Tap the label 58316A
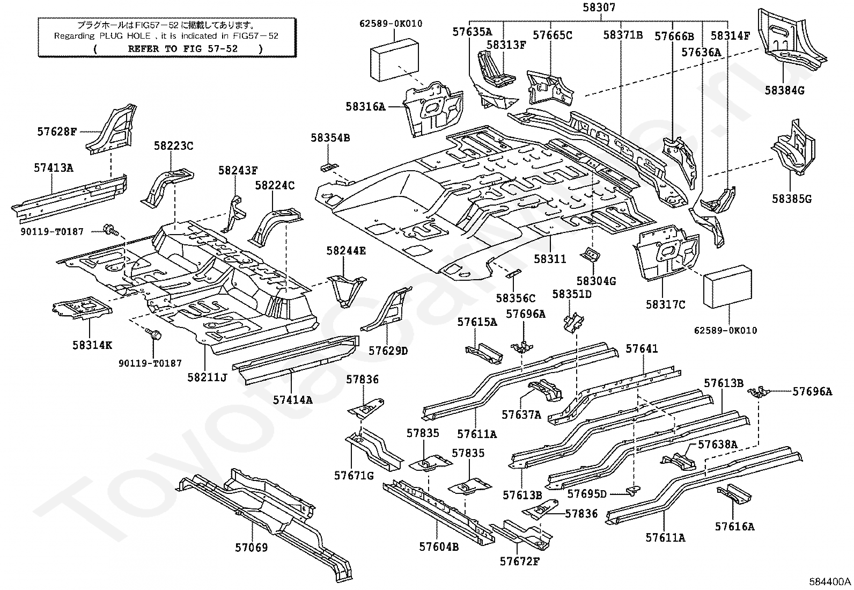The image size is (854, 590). tap(365, 107)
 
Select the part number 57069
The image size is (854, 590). tap(251, 548)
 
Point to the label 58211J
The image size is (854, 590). tap(207, 377)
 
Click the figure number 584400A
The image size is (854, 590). tap(830, 581)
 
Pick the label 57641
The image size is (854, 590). tap(642, 349)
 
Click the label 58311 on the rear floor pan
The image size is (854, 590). tap(550, 259)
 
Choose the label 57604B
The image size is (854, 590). tap(439, 547)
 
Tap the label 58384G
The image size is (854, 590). tap(785, 90)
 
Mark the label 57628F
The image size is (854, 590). tap(57, 130)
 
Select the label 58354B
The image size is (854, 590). tap(330, 138)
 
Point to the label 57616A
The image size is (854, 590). tap(734, 527)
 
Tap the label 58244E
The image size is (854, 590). tap(347, 250)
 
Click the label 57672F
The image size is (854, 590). tap(520, 561)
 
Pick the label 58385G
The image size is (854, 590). tap(792, 199)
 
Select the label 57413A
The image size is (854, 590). tap(53, 167)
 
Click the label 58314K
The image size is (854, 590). tap(92, 345)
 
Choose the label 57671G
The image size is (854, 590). tap(354, 475)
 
